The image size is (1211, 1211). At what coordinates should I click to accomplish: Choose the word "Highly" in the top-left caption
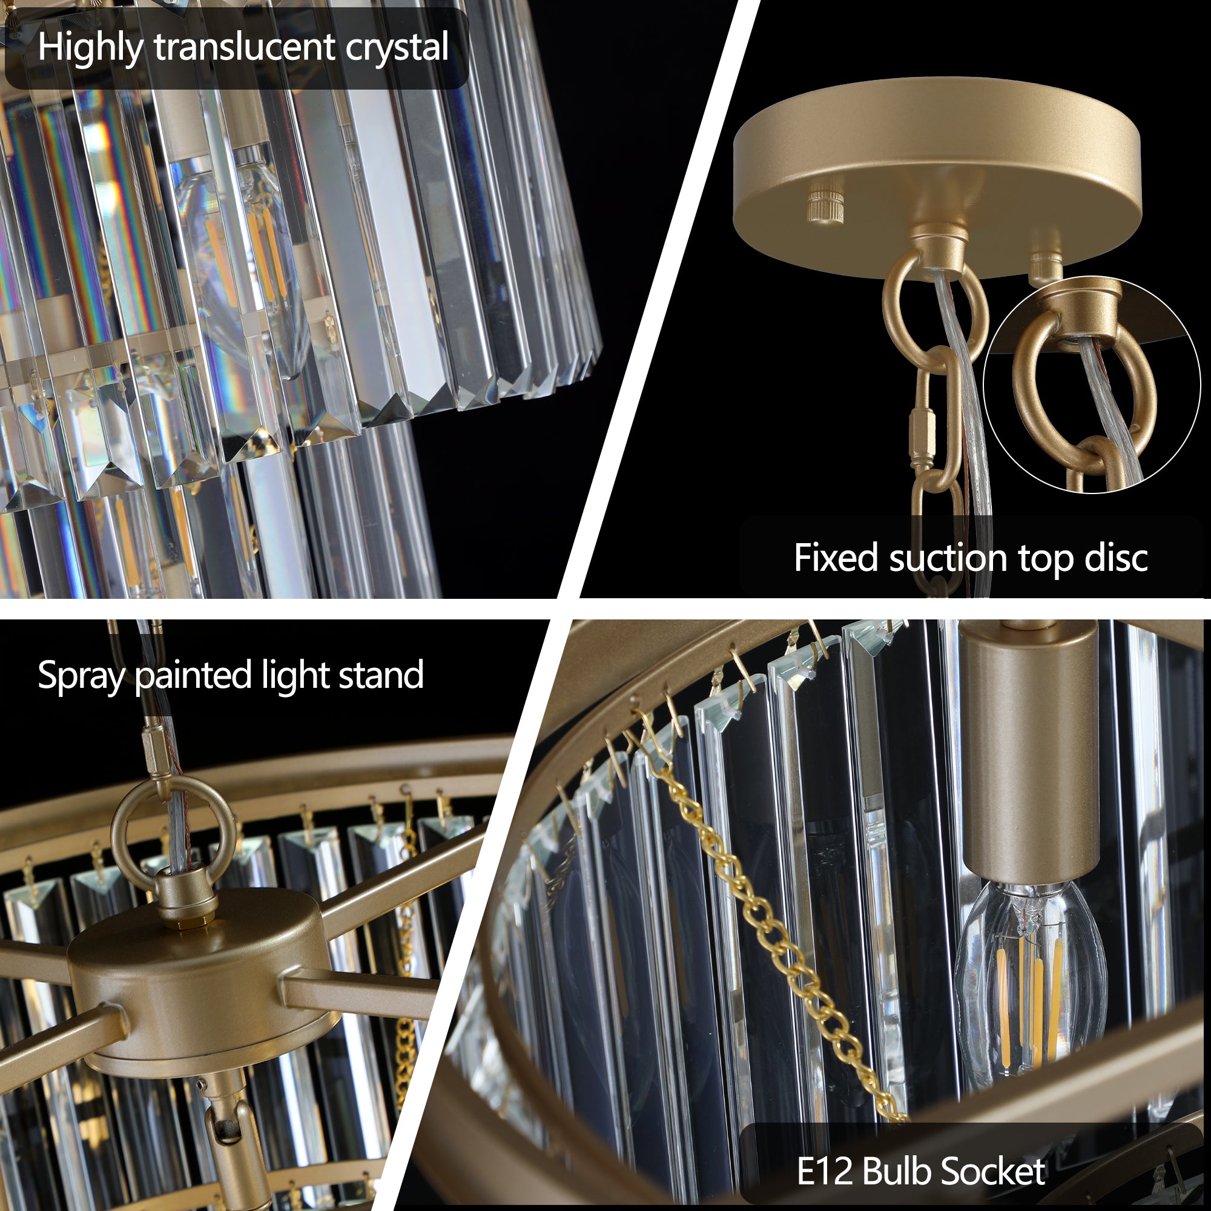click(90, 48)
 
